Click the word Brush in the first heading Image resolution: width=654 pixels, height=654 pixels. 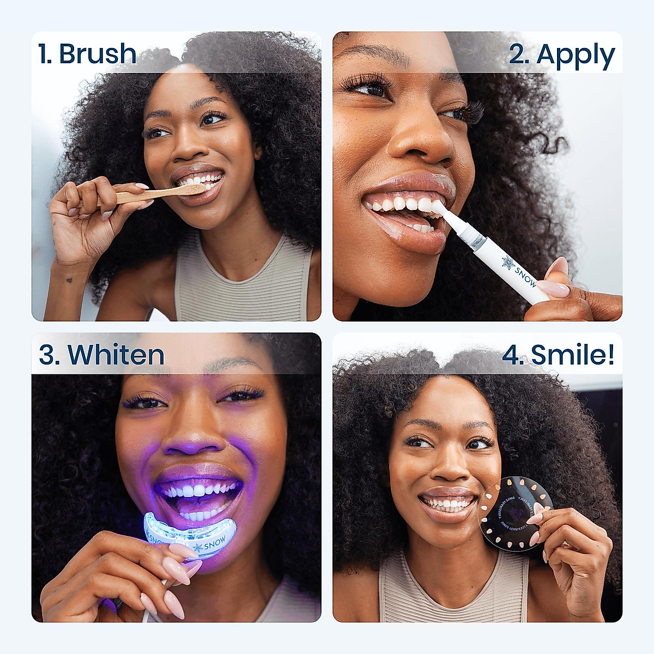[x=98, y=54]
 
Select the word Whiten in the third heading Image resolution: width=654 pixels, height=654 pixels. [x=116, y=355]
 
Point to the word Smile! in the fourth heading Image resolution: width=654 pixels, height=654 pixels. [x=573, y=355]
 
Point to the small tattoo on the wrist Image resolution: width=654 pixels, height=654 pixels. [x=69, y=281]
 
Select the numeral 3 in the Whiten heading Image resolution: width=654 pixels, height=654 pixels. [x=47, y=355]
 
